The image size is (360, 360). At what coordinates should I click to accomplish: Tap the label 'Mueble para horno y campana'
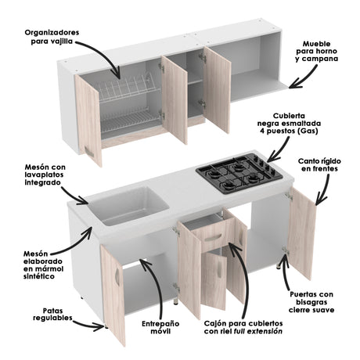click(x=323, y=53)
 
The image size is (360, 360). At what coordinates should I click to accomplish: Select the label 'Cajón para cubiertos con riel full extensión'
click(x=243, y=326)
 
